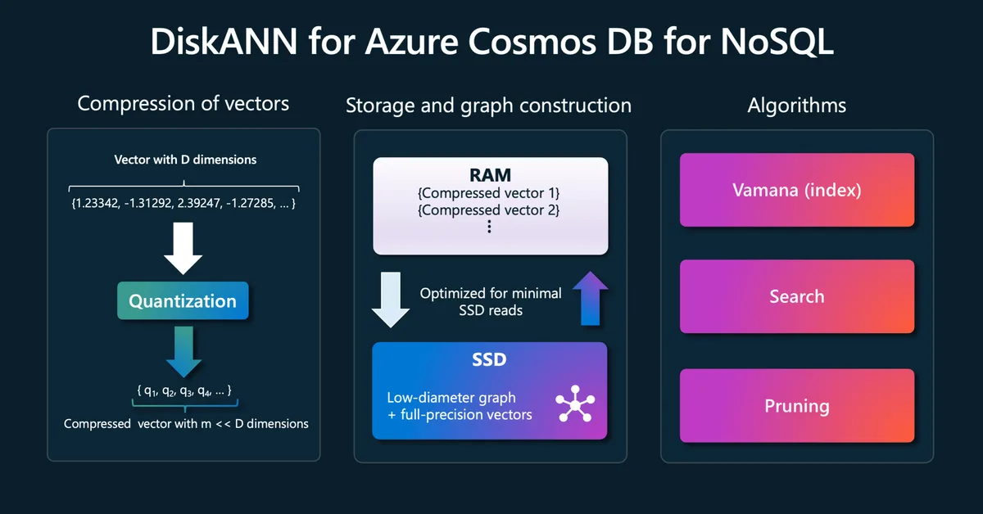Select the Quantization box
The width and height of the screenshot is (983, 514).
(x=183, y=301)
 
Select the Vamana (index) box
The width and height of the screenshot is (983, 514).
(x=796, y=190)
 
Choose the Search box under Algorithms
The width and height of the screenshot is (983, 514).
(x=796, y=296)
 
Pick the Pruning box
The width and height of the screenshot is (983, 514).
(x=796, y=406)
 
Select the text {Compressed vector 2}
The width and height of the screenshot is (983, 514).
(x=490, y=210)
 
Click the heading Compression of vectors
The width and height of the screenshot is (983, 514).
(x=183, y=103)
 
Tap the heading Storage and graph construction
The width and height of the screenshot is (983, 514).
(x=488, y=106)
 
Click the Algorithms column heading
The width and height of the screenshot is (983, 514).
(x=796, y=105)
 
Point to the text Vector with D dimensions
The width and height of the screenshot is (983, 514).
(x=184, y=160)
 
